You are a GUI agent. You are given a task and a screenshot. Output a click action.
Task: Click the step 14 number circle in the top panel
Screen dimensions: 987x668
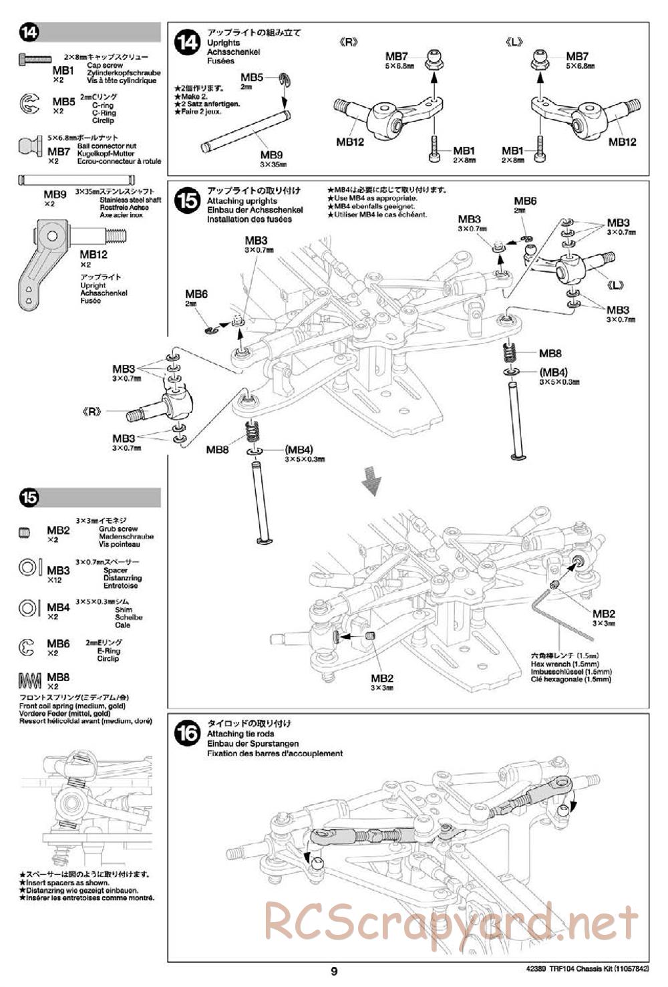click(187, 42)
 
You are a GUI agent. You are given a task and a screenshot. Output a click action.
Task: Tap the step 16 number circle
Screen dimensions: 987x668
click(187, 733)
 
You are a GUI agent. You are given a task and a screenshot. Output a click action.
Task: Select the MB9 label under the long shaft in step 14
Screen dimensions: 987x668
click(272, 154)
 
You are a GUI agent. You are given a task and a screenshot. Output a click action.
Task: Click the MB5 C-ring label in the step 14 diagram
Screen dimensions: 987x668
click(252, 78)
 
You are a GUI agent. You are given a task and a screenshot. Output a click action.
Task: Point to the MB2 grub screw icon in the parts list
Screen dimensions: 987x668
click(25, 533)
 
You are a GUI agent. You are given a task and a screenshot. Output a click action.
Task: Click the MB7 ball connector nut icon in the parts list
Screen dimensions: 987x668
click(31, 145)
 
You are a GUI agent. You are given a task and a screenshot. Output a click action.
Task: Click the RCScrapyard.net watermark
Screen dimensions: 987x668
click(451, 922)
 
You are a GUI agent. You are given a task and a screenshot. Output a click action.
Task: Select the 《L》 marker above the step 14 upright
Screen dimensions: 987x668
click(516, 42)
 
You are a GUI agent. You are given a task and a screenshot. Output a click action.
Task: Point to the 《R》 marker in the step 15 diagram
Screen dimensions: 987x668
click(94, 411)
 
